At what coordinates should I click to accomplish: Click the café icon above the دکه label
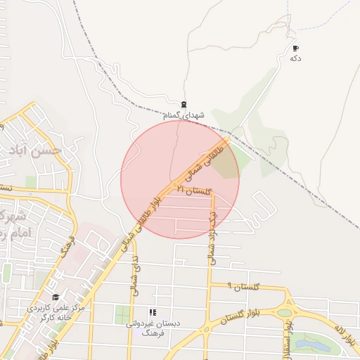click(295, 49)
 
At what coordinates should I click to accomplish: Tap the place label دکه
click(295, 58)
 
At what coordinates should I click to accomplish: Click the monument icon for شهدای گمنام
click(184, 105)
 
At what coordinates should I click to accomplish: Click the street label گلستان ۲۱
click(194, 191)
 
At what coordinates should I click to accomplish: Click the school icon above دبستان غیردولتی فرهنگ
click(153, 312)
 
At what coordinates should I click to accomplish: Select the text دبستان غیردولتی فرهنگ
click(153, 327)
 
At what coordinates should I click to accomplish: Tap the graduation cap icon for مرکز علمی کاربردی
click(56, 297)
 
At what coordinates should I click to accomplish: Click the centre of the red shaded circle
click(180, 179)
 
